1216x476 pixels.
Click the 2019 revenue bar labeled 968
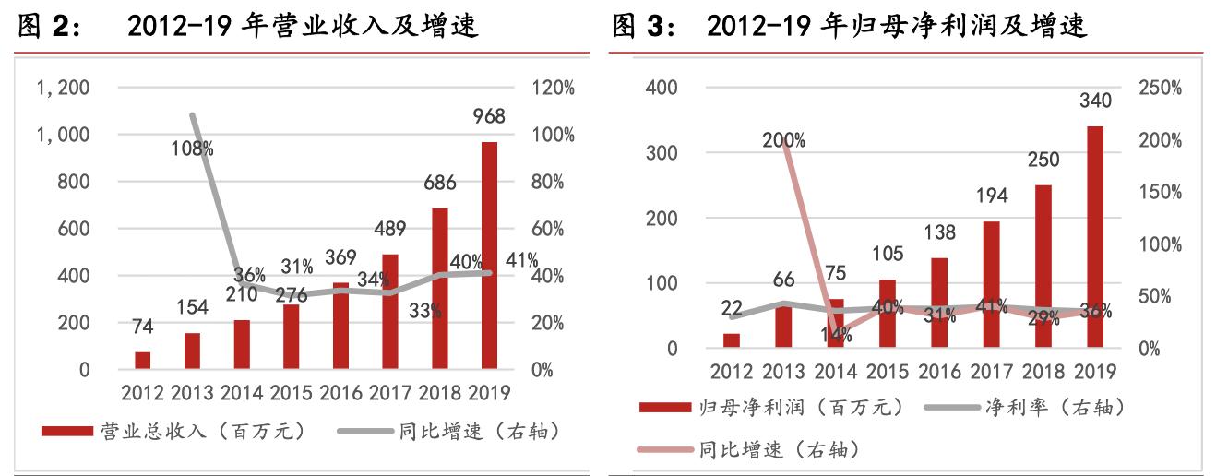point(489,256)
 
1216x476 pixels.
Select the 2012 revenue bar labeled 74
point(142,360)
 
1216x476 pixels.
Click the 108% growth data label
point(193,148)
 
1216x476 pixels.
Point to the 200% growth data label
point(783,140)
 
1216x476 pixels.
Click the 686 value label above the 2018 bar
point(439,183)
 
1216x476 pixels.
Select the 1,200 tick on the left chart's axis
point(62,88)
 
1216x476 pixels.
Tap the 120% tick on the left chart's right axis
point(554,88)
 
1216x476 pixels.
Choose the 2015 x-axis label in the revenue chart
point(291,393)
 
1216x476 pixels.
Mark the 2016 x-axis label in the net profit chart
point(942,372)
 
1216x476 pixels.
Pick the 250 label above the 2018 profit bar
point(1043,161)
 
